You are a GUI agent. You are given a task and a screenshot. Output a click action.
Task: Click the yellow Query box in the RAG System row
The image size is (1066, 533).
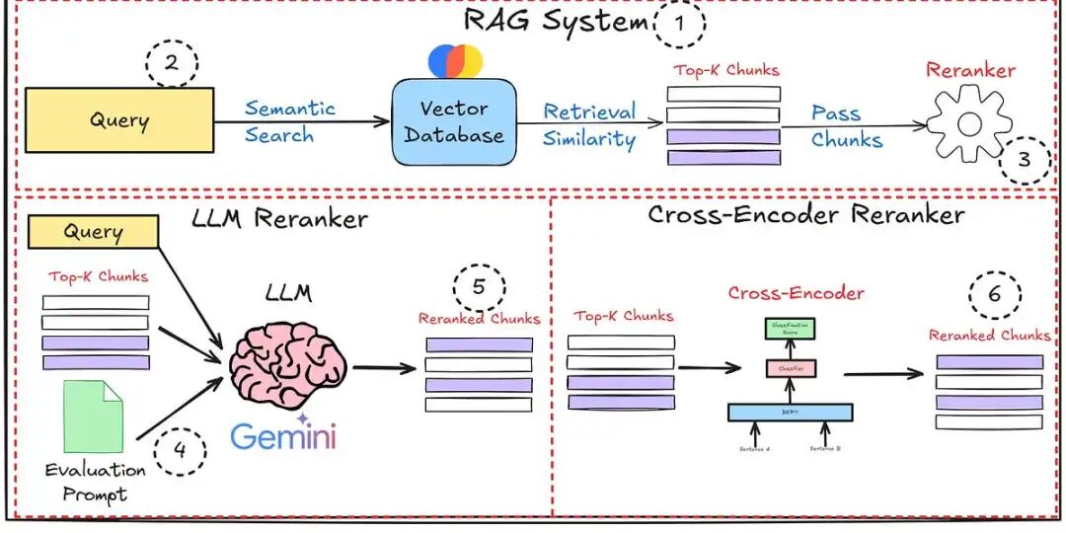[118, 120]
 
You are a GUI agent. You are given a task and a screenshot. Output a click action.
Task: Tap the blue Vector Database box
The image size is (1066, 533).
[454, 122]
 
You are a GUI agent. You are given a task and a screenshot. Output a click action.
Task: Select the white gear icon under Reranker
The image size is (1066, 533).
[968, 123]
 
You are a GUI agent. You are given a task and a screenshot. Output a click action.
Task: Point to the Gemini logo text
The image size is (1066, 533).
[283, 435]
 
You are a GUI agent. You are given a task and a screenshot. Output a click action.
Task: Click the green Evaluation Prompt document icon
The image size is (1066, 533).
[94, 417]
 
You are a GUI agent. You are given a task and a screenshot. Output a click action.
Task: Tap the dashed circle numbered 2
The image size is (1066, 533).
[172, 64]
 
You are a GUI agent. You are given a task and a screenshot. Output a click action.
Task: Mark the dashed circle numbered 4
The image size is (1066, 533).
[181, 452]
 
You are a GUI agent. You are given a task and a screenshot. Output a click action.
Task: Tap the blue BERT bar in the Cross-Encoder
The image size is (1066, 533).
[790, 413]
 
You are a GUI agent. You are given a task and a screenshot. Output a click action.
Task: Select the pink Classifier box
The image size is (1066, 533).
[790, 369]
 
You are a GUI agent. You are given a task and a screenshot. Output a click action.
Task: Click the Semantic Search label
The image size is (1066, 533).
[289, 121]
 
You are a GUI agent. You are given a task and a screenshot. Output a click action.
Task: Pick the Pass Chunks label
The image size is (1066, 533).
[845, 125]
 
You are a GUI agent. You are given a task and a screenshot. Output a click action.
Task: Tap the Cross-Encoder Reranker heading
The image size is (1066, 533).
[805, 214]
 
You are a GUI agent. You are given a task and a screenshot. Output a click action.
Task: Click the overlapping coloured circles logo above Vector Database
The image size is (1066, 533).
[455, 60]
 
